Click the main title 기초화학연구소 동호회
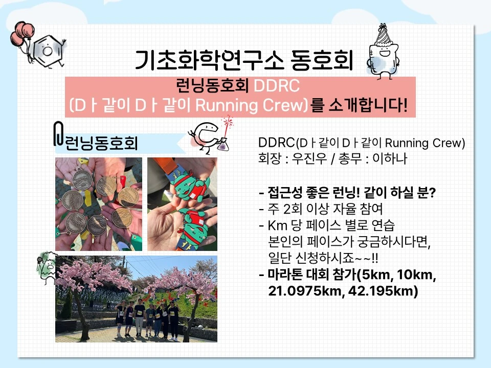point(244,60)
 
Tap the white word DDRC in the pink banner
point(277,85)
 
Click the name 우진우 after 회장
point(309,158)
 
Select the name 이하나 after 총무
point(390,158)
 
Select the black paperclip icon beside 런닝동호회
point(58,133)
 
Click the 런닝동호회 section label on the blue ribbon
point(101,143)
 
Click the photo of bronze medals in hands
point(99,204)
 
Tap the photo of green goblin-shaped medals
point(182,204)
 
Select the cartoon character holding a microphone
point(47,267)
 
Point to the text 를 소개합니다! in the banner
point(359,105)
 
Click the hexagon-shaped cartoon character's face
point(48,51)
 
